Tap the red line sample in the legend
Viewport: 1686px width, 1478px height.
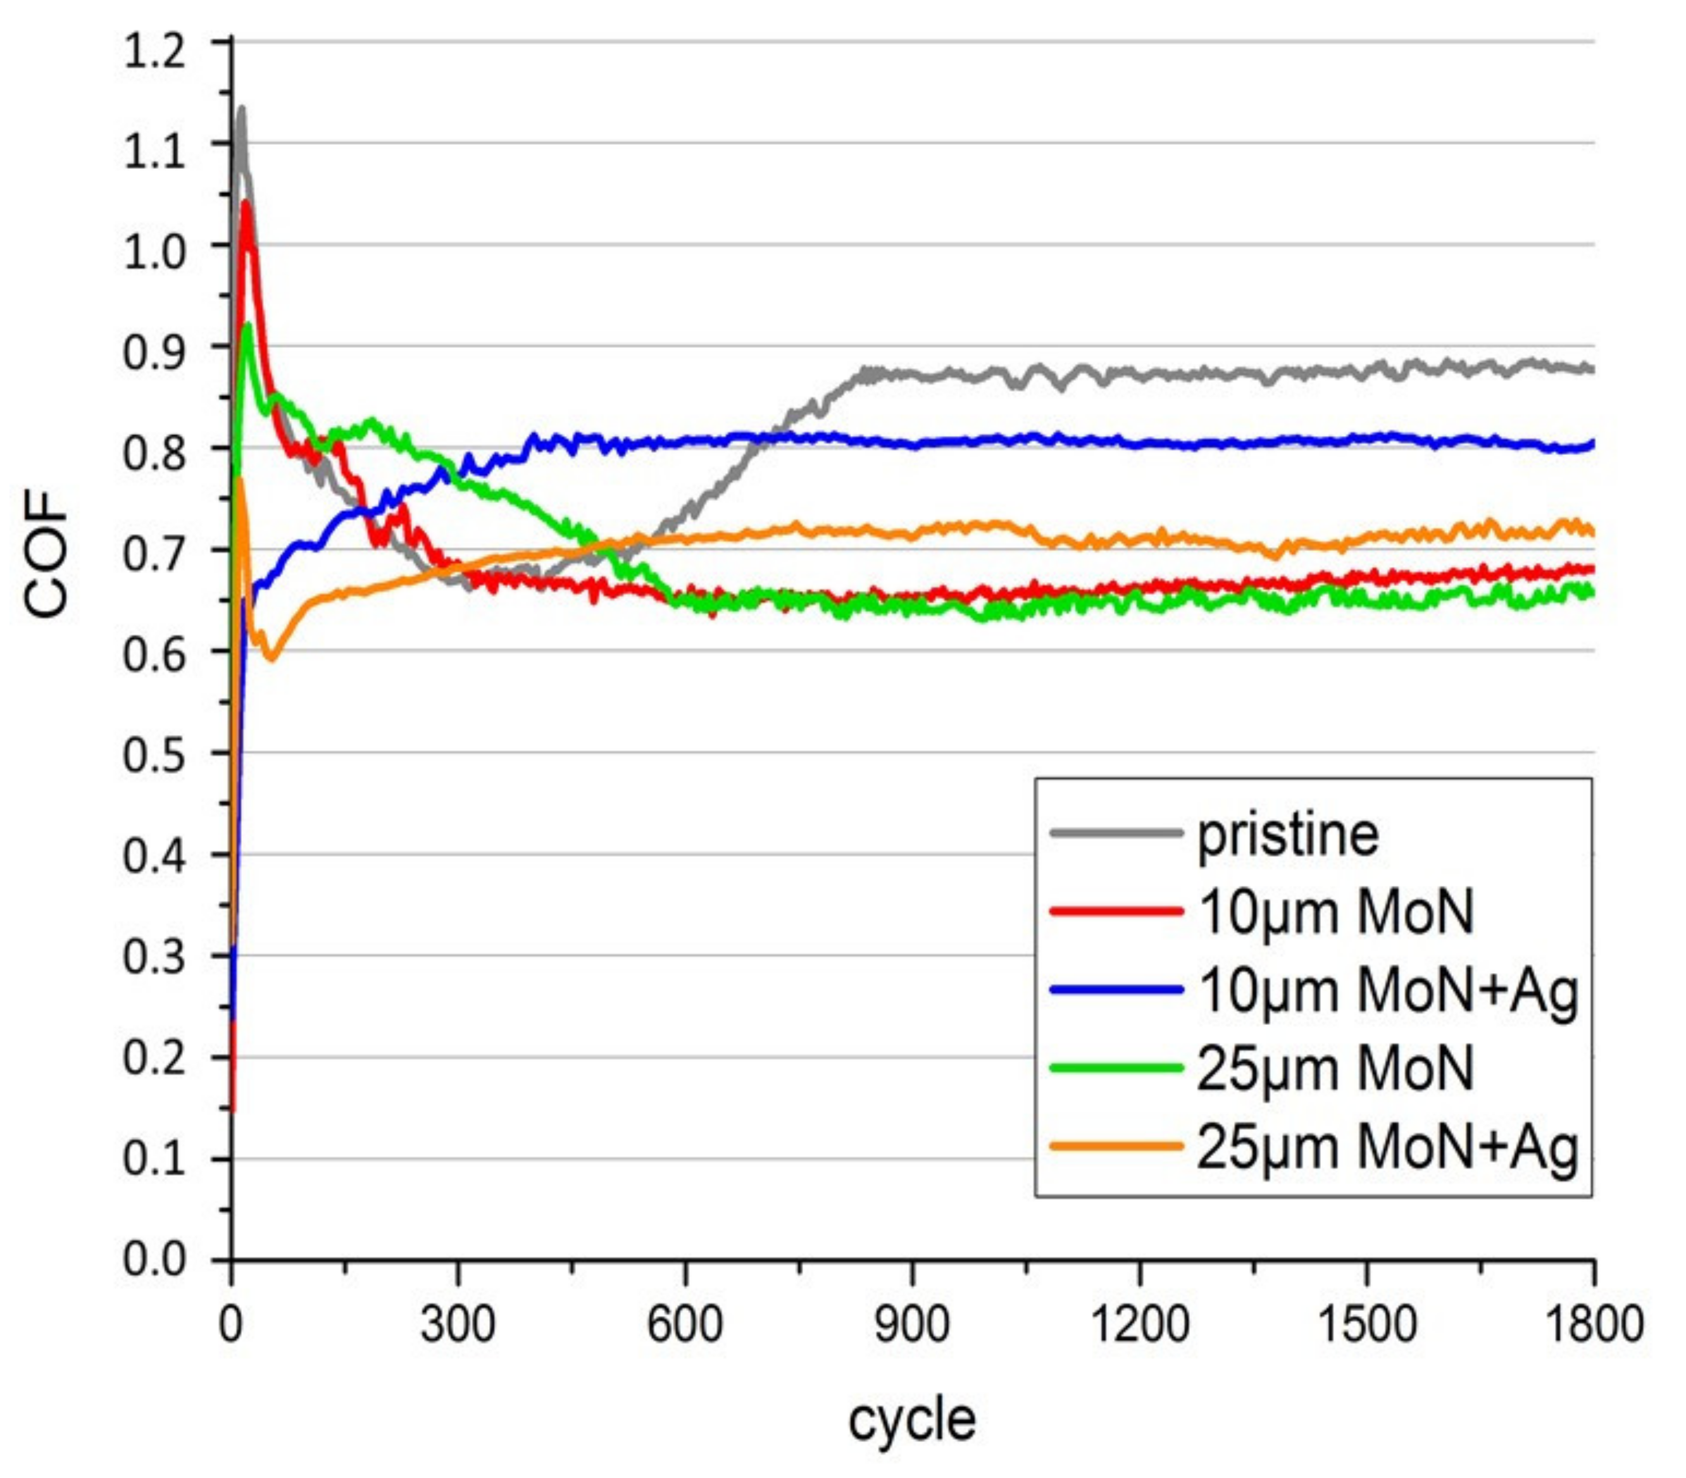[1116, 911]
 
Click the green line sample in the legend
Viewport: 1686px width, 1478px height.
[1116, 1068]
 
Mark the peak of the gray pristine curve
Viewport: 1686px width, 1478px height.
[241, 109]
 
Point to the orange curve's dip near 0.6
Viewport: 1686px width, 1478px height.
[270, 658]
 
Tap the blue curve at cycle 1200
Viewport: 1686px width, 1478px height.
[1139, 444]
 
